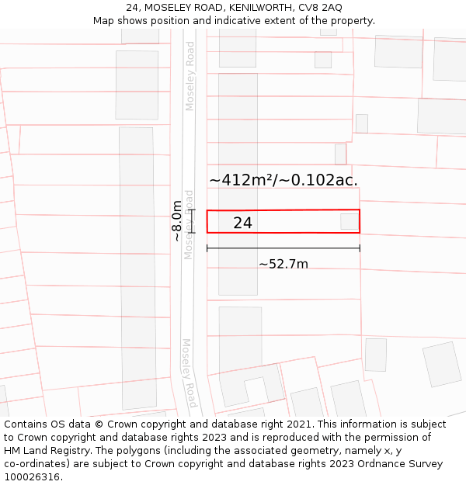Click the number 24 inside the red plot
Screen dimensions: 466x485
242,223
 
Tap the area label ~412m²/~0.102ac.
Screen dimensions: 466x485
283,180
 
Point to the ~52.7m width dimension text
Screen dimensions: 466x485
283,264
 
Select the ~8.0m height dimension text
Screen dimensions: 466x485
178,221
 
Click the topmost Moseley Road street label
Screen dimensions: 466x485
190,76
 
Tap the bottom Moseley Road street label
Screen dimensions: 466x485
190,373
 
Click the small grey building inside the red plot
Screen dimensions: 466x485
349,221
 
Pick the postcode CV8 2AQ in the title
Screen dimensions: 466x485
319,8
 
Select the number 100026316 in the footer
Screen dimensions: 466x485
31,477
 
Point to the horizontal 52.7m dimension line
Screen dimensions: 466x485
283,248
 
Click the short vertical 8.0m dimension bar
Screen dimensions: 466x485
190,221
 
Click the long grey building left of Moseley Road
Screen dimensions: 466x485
137,268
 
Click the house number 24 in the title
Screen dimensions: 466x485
133,8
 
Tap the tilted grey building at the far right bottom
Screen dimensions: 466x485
442,364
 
